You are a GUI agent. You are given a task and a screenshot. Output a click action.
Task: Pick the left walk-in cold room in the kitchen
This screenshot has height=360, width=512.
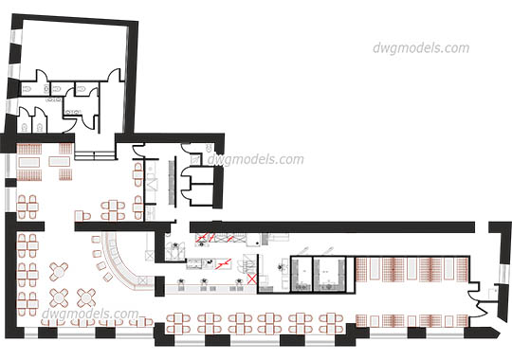(303, 273)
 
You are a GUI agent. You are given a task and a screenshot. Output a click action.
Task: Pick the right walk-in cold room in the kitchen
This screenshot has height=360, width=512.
(332, 273)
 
